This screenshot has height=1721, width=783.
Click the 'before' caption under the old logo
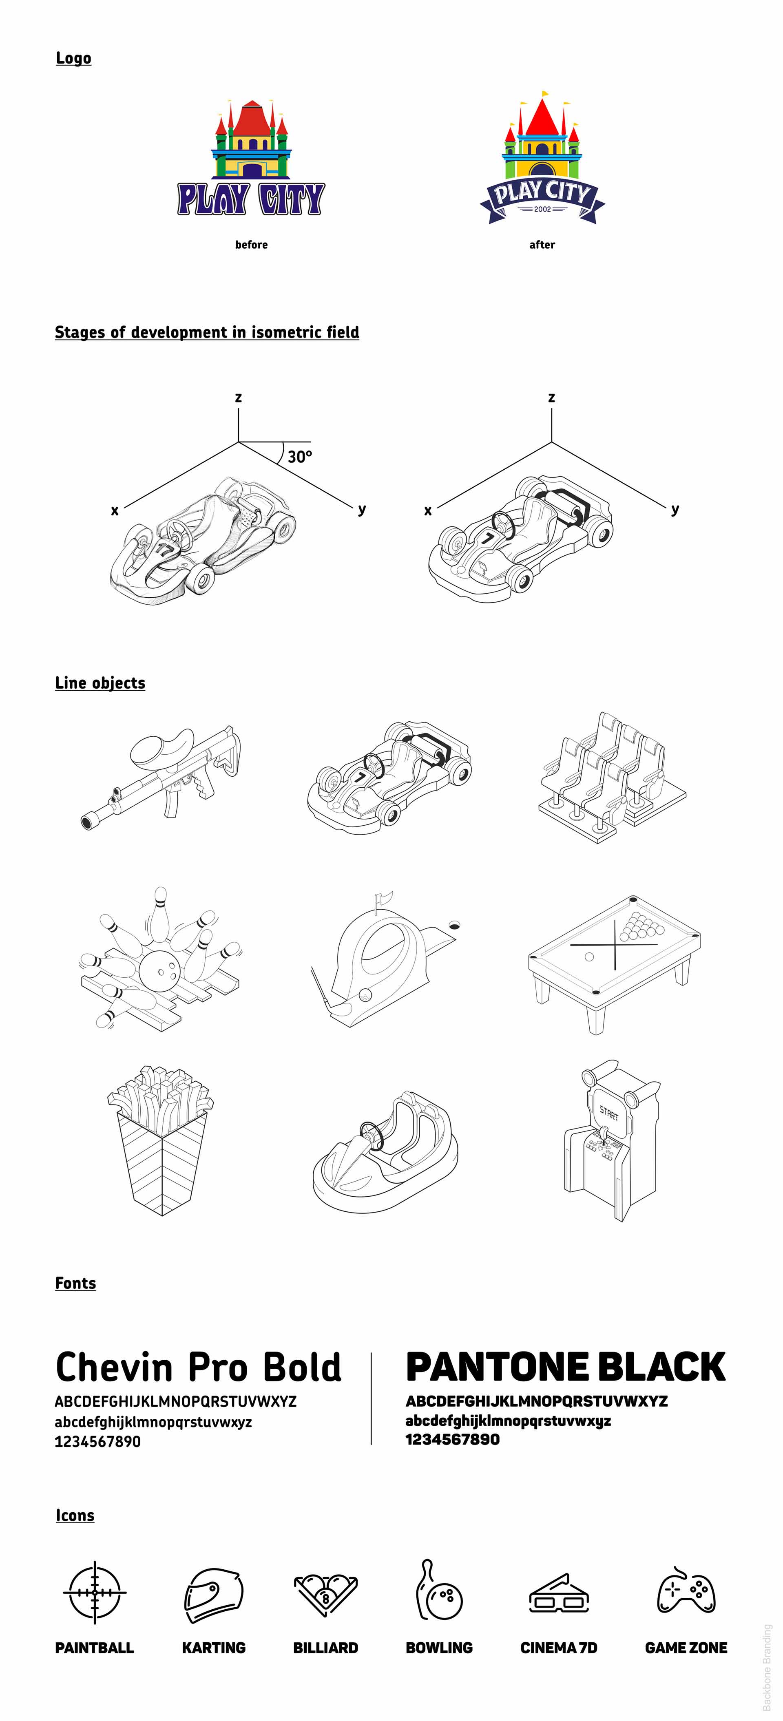(x=251, y=245)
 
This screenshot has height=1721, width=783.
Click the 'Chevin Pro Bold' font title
(x=199, y=1367)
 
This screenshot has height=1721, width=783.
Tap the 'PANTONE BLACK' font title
(x=565, y=1367)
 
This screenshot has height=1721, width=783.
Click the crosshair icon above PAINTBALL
(x=94, y=1593)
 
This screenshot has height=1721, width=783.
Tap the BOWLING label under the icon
(x=439, y=1648)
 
